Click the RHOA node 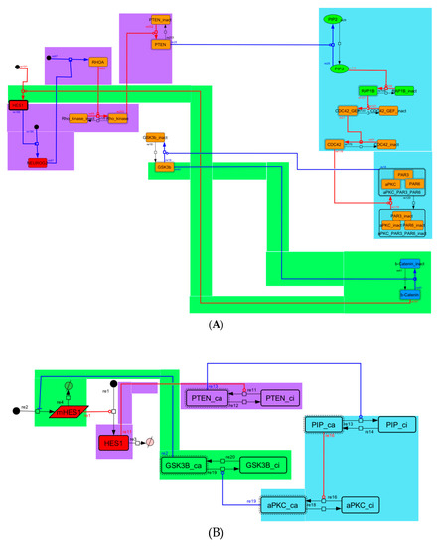[97, 63]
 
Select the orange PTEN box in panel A [161, 45]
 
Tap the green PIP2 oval [338, 19]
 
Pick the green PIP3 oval [338, 69]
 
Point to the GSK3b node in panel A [165, 167]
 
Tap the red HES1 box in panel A [18, 105]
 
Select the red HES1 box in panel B [117, 441]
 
